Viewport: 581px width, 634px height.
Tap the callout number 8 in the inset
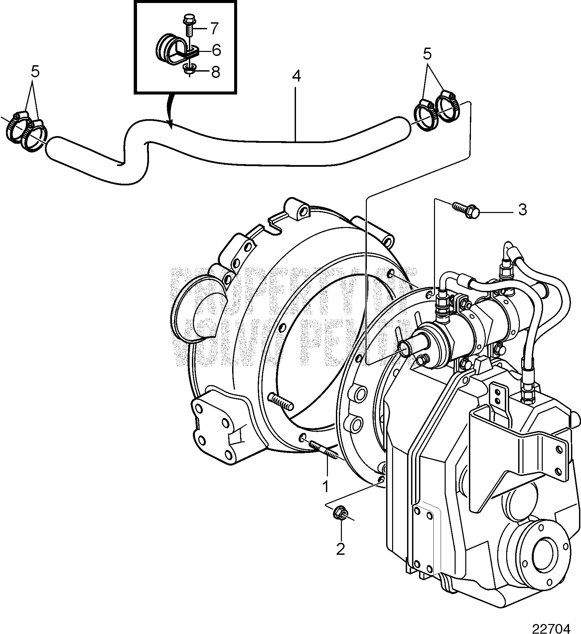[216, 72]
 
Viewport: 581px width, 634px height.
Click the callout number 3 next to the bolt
[522, 210]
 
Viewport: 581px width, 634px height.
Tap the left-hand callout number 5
[35, 72]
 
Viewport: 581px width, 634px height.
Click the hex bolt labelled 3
[467, 211]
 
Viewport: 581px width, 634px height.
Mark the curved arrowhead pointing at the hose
[170, 125]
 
